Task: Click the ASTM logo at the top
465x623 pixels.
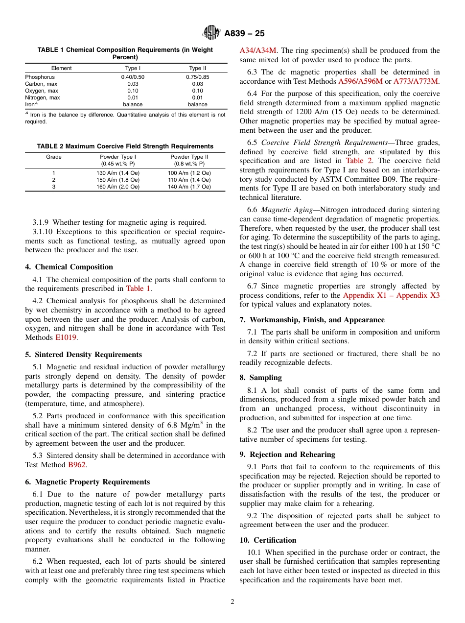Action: click(x=212, y=33)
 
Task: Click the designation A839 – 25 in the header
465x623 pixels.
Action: click(x=244, y=33)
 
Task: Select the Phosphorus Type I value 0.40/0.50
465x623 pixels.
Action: click(x=132, y=77)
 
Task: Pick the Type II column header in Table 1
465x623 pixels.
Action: click(x=197, y=68)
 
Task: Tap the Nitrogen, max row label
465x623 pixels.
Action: click(x=43, y=97)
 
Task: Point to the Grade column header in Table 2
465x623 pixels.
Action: click(x=53, y=157)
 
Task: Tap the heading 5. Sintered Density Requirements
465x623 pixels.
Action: click(x=83, y=355)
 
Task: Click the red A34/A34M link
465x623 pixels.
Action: click(x=258, y=50)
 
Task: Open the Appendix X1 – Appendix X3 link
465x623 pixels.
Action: click(x=391, y=295)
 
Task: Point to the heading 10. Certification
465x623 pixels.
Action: click(x=268, y=540)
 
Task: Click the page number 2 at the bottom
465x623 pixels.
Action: click(x=232, y=602)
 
